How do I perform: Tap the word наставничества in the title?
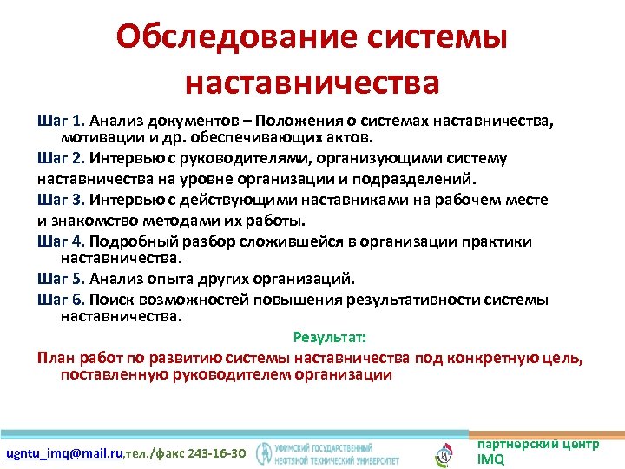tap(312, 83)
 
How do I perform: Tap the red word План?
tap(55, 357)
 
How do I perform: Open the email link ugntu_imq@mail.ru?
tap(65, 454)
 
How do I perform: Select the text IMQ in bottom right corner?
tap(490, 459)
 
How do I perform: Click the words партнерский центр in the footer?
tap(537, 444)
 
